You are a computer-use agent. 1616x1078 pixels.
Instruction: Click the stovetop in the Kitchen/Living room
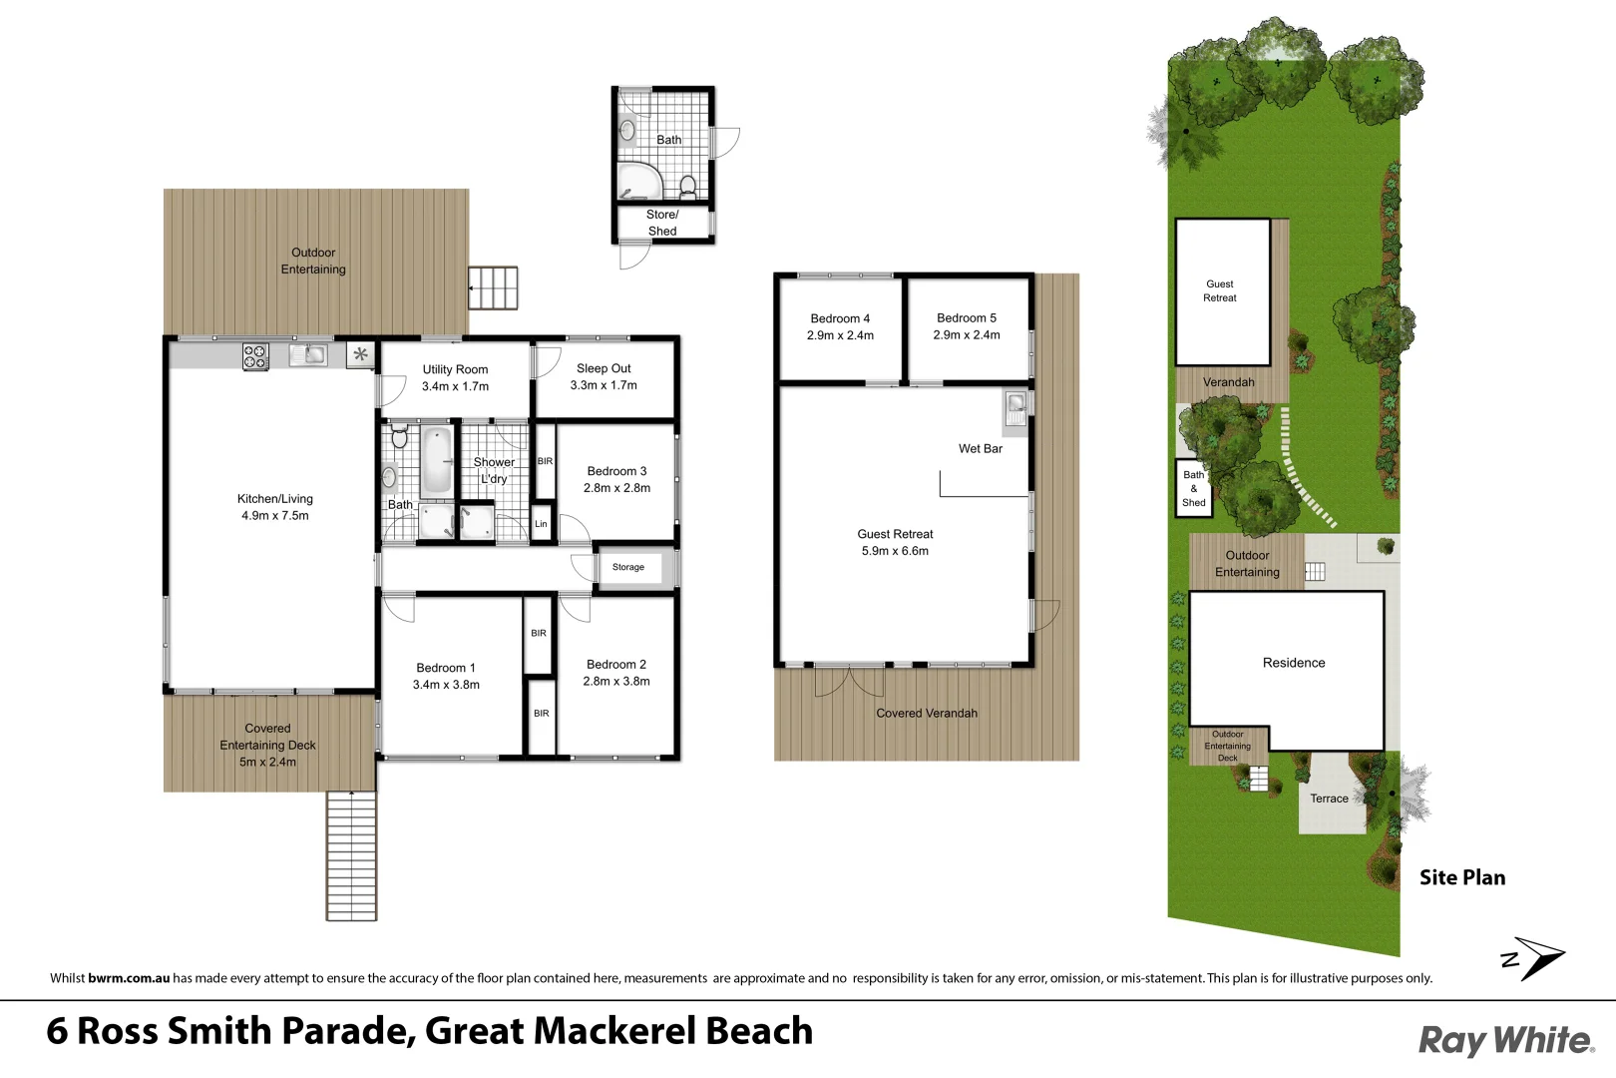(256, 356)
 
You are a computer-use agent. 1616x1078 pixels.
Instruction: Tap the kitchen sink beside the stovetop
(308, 354)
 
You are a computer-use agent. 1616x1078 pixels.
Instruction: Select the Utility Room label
(455, 369)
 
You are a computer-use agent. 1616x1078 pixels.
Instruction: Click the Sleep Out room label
(604, 368)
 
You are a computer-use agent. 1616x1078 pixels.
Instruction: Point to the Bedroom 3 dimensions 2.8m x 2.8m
(616, 488)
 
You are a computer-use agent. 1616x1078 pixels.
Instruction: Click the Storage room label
(628, 567)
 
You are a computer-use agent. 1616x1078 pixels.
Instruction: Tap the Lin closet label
(541, 524)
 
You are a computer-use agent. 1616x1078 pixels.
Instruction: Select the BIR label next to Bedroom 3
(545, 461)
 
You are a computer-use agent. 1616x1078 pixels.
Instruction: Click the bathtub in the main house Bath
(437, 461)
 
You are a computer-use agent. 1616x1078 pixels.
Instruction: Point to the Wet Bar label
(981, 448)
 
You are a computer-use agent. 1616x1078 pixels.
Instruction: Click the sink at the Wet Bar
(1015, 408)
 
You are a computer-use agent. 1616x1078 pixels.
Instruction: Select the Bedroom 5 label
(967, 317)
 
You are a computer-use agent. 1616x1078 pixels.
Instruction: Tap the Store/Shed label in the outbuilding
(662, 223)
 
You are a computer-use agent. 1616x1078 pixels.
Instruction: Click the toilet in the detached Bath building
(687, 187)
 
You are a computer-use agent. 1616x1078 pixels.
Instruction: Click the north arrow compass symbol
(1533, 959)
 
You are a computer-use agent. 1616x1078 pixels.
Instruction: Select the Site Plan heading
(1462, 877)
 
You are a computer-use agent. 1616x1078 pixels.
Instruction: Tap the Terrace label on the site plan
(1329, 799)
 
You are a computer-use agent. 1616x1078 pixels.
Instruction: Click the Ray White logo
(1506, 1041)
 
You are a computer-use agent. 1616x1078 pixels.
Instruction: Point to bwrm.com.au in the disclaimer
(129, 978)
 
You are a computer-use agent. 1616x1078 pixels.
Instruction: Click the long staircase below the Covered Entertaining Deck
(351, 855)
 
